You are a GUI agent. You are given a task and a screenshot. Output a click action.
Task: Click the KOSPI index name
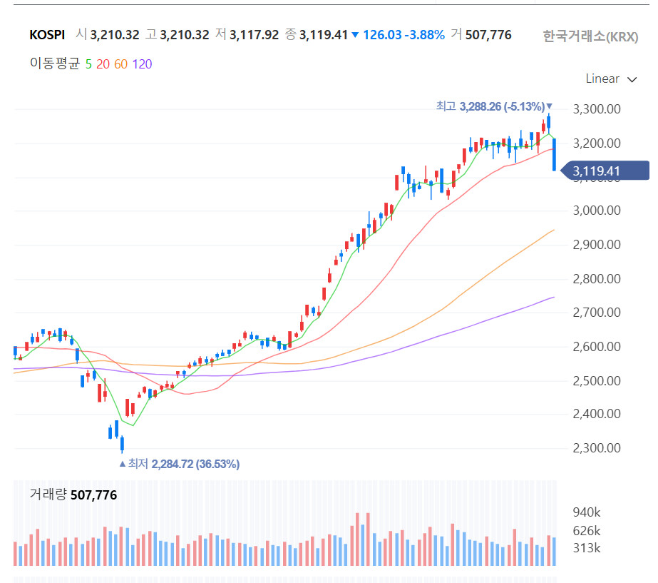click(x=48, y=34)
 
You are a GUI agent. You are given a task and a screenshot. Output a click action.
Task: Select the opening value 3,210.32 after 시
click(x=114, y=34)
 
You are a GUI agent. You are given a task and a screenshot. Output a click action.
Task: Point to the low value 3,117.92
click(x=255, y=34)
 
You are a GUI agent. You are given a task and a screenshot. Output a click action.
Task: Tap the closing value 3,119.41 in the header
click(x=324, y=34)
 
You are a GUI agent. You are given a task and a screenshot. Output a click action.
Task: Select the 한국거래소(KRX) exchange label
click(x=590, y=36)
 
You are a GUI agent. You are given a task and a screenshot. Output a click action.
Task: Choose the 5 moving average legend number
click(x=88, y=64)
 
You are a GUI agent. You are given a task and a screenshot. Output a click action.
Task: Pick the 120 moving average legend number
click(x=142, y=64)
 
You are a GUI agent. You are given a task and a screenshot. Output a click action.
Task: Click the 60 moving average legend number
click(x=120, y=64)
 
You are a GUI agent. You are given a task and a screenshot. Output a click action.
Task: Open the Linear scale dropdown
click(x=611, y=78)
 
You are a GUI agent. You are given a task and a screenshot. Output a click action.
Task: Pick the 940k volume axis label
click(x=587, y=512)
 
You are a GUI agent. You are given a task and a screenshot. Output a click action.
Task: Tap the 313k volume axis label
click(x=587, y=548)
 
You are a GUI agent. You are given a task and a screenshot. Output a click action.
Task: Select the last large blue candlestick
click(x=554, y=154)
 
